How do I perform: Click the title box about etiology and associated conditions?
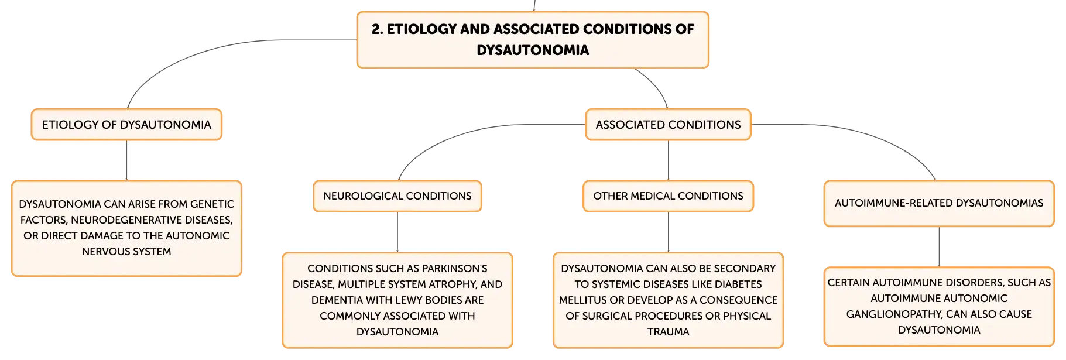533,40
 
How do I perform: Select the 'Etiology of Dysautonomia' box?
126,125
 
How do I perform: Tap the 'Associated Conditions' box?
668,125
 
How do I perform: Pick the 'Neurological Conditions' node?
397,196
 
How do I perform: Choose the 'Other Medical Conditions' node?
668,196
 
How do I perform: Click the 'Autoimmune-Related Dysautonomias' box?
939,203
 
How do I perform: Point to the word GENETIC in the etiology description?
212,204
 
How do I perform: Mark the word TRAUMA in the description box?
668,332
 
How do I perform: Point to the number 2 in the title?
376,29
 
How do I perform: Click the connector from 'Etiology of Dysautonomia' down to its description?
126,160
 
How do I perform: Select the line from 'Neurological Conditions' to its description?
397,232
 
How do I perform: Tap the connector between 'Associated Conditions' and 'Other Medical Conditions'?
668,160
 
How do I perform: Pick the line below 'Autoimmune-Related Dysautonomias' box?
939,246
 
